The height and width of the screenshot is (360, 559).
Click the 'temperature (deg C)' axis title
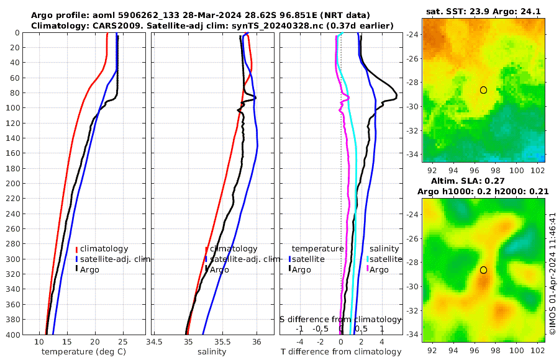tap(84, 352)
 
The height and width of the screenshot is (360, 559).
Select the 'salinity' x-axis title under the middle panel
tap(211, 352)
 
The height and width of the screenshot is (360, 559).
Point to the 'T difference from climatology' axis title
tap(340, 352)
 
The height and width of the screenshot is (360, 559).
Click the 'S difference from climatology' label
tap(340, 318)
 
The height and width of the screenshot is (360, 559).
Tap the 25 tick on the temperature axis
tap(123, 341)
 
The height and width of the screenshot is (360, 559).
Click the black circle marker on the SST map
tap(483, 90)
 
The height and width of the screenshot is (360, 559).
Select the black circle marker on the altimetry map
tap(483, 270)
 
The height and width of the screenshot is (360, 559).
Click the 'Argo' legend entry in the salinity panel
tap(219, 269)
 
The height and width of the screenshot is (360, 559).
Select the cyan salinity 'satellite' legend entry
tap(384, 259)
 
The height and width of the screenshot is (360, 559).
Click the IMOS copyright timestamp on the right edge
tap(552, 273)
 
